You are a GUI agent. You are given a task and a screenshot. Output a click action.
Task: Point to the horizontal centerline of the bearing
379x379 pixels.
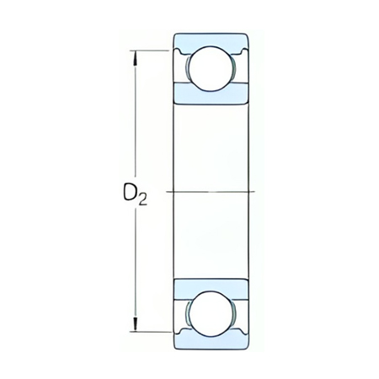point(211,192)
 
